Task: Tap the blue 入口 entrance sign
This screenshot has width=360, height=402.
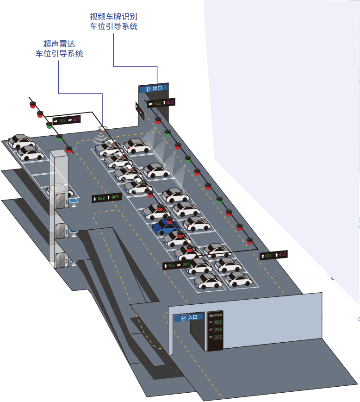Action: pyautogui.click(x=189, y=318)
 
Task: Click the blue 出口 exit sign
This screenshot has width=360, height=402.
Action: pyautogui.click(x=153, y=88)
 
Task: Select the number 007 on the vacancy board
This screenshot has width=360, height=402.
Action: pyautogui.click(x=218, y=322)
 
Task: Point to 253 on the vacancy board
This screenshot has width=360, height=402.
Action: pyautogui.click(x=218, y=329)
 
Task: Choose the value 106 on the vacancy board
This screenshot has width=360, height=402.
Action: pyautogui.click(x=218, y=337)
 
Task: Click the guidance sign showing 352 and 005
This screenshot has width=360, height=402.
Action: pyautogui.click(x=106, y=198)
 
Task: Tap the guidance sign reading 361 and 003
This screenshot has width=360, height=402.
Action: pyautogui.click(x=176, y=265)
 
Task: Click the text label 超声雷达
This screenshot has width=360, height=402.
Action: pyautogui.click(x=59, y=44)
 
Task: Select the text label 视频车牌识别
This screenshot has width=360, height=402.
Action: pyautogui.click(x=113, y=17)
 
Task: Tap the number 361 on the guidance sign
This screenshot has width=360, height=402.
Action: pyautogui.click(x=171, y=265)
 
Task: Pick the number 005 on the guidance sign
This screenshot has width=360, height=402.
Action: pyautogui.click(x=115, y=197)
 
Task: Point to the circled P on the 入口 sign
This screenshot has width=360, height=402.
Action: pyautogui.click(x=183, y=318)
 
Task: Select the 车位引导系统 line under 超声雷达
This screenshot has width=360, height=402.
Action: pyautogui.click(x=59, y=54)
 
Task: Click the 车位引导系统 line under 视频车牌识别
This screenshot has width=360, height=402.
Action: pyautogui.click(x=113, y=27)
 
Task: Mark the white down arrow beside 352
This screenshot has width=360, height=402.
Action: pyautogui.click(x=95, y=199)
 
